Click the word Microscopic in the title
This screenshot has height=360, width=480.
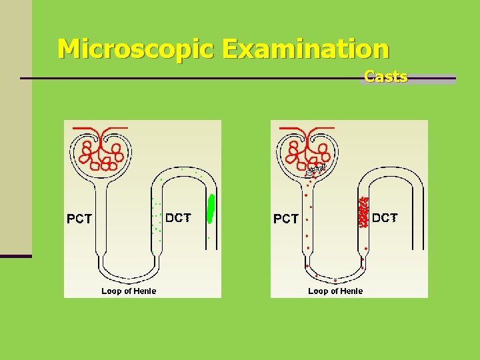tap(136, 49)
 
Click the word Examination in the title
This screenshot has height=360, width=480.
tap(306, 49)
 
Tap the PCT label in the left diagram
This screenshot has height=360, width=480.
tap(79, 219)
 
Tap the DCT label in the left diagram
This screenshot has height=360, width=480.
tap(178, 217)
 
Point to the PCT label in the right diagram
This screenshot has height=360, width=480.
tap(286, 219)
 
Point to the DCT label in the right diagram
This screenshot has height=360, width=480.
tap(385, 217)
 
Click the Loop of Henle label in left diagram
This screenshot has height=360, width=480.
tap(129, 291)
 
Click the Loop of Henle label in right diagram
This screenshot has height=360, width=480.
tap(335, 291)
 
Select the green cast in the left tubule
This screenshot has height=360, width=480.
tap(211, 208)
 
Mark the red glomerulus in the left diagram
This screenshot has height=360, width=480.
tap(101, 154)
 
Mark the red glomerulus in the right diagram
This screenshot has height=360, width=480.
tap(307, 154)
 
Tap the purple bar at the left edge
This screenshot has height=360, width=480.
tap(15, 255)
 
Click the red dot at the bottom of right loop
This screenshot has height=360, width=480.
tap(335, 281)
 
